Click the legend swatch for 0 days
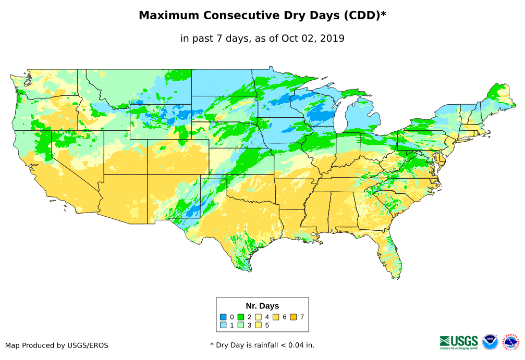223,317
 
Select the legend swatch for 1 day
223,325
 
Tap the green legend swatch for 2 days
241,317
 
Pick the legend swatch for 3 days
241,325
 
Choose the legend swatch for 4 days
259,317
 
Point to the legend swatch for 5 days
259,325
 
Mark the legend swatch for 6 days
276,317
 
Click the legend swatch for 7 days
294,317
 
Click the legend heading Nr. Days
262,306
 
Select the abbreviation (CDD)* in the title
364,16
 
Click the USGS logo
458,342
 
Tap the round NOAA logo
490,342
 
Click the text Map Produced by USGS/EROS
57,345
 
